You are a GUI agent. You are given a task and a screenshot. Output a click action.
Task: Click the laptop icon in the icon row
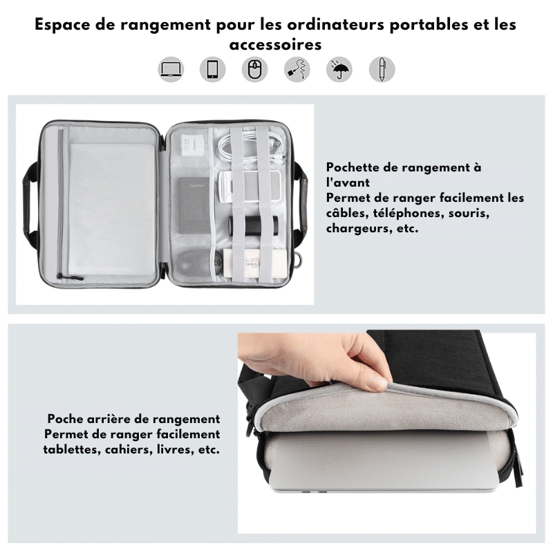tap(171, 69)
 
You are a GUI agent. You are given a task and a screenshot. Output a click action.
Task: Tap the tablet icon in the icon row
tap(212, 69)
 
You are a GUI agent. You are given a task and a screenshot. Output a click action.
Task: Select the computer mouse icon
tap(254, 69)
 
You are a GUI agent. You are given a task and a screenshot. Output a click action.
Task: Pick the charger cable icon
tap(297, 69)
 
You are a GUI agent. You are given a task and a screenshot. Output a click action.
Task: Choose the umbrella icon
tap(339, 69)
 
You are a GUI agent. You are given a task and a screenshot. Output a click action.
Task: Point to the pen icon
tap(382, 69)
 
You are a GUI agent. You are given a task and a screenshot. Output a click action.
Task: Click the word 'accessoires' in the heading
tap(275, 45)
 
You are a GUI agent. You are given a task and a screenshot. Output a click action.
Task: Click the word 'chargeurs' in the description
tap(357, 228)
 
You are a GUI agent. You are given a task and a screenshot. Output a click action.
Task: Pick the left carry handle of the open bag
tap(30, 200)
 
